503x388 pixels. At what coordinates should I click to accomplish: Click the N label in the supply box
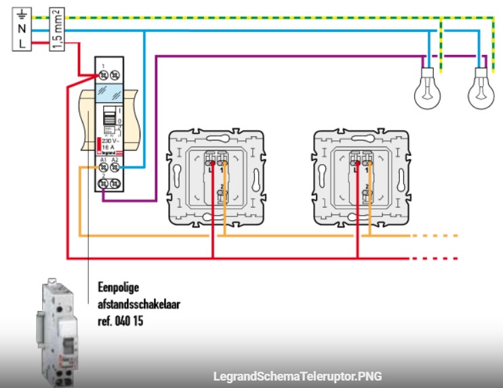[22, 28]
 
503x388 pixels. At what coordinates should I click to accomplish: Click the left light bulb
[428, 91]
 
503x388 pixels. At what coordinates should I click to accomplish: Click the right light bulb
[481, 91]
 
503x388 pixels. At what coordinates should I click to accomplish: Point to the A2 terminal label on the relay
[115, 159]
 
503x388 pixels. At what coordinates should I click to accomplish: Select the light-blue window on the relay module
[108, 92]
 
